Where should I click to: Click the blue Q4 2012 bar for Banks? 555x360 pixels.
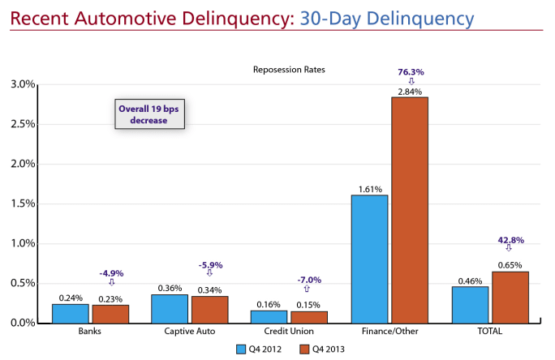pyautogui.click(x=71, y=313)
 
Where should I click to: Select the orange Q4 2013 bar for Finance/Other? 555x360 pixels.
pyautogui.click(x=410, y=209)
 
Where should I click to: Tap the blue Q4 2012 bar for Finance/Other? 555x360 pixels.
pyautogui.click(x=370, y=259)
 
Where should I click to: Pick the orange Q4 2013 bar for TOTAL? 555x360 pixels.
pyautogui.click(x=510, y=297)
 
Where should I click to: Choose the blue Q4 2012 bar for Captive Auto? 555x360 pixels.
pyautogui.click(x=170, y=308)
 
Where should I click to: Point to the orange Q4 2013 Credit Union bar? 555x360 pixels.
pyautogui.click(x=309, y=316)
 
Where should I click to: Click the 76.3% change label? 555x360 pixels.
pyautogui.click(x=411, y=72)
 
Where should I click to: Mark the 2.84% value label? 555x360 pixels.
pyautogui.click(x=410, y=91)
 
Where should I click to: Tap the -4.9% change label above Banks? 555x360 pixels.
pyautogui.click(x=110, y=273)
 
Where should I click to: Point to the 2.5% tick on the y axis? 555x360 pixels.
pyautogui.click(x=23, y=124)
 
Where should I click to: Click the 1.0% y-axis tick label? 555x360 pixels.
pyautogui.click(x=23, y=243)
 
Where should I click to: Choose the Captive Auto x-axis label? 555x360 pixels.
pyautogui.click(x=189, y=331)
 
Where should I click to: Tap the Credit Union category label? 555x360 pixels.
pyautogui.click(x=290, y=331)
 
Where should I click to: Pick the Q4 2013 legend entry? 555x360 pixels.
pyautogui.click(x=316, y=349)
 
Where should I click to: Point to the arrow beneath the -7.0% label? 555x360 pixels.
pyautogui.click(x=306, y=289)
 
